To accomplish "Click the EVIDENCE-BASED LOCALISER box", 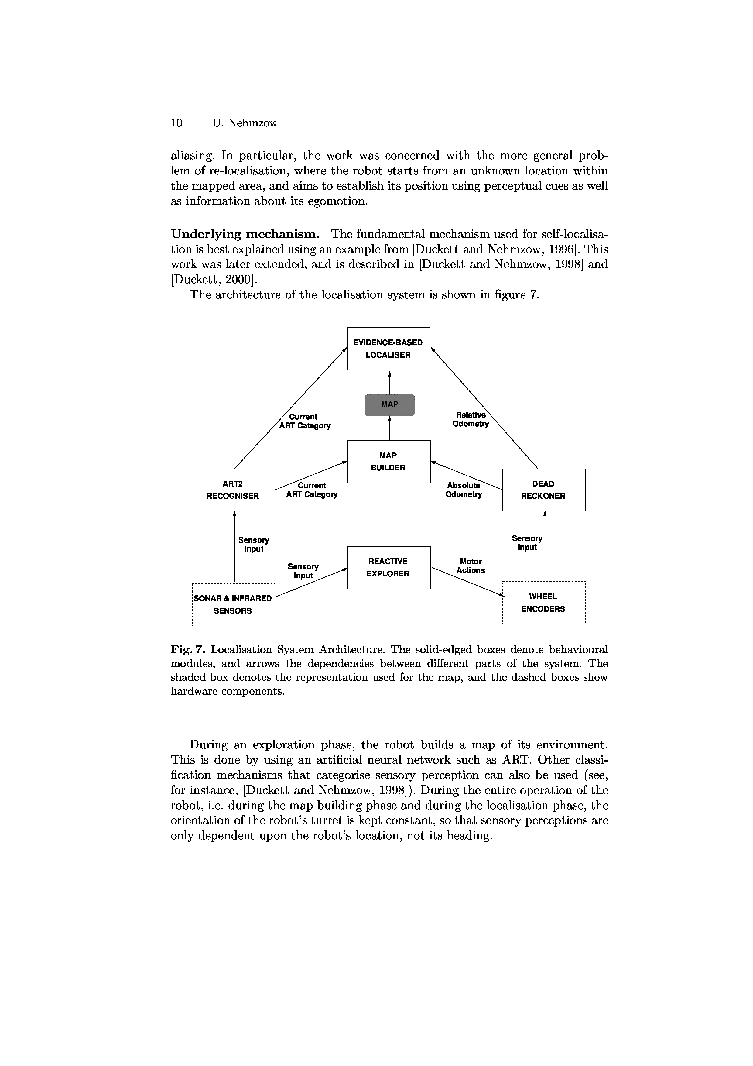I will [388, 348].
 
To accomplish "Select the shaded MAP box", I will [389, 404].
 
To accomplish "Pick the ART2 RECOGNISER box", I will [233, 490].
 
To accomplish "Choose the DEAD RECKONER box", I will [544, 490].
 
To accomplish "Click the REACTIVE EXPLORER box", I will [388, 567].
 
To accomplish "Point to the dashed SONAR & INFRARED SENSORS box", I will [233, 604].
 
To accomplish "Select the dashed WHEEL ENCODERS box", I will [544, 603].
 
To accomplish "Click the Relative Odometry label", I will [471, 419].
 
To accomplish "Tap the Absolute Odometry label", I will [464, 490].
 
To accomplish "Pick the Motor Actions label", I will [471, 566].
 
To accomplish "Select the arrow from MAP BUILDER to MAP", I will [389, 428].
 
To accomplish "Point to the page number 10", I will [177, 123].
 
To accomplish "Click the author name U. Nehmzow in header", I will [245, 123].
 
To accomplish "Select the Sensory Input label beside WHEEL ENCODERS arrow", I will [527, 543].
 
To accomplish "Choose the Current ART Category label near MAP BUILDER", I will [312, 490].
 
